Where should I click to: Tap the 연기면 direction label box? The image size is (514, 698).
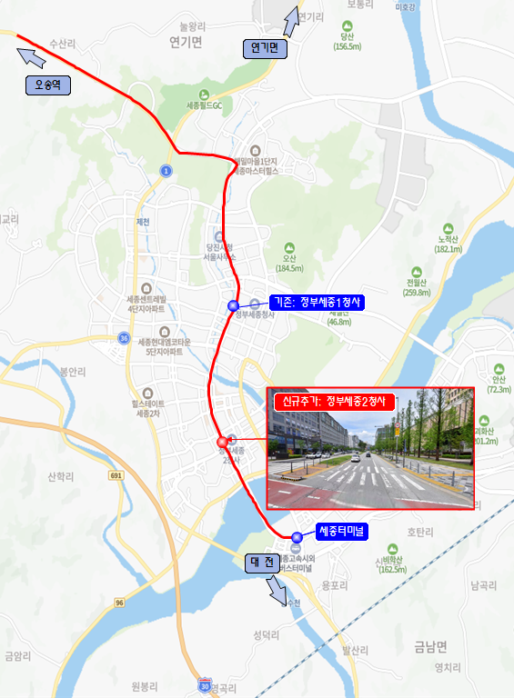[265, 49]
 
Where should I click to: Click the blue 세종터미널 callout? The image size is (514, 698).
[341, 531]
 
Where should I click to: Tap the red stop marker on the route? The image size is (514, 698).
[221, 444]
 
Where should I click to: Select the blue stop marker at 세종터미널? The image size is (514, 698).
[297, 536]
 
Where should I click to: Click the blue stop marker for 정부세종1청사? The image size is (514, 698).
[233, 305]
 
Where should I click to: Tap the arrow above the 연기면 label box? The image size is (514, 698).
[291, 21]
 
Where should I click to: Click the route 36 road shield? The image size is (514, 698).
[123, 338]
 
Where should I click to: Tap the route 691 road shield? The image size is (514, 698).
[116, 475]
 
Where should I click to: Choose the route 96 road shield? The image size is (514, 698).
[119, 603]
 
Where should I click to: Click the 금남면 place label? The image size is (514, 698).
[430, 647]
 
